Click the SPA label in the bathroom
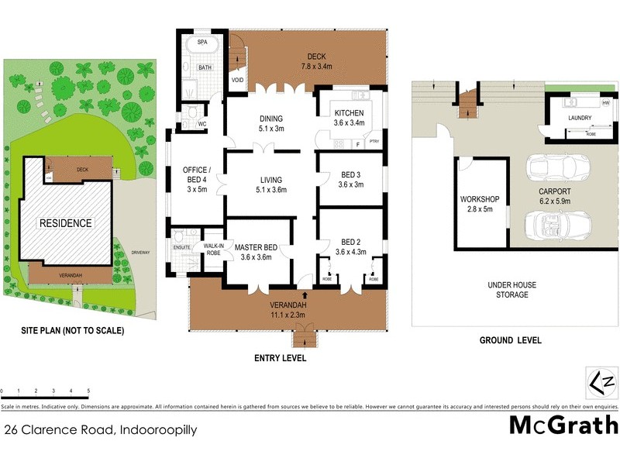pyautogui.click(x=202, y=42)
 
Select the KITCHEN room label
pyautogui.click(x=348, y=117)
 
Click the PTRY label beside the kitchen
pyautogui.click(x=375, y=142)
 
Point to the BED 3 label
pyautogui.click(x=350, y=180)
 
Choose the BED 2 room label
pyautogui.click(x=350, y=246)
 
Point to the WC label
pyautogui.click(x=201, y=123)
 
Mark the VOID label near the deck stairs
pyautogui.click(x=236, y=80)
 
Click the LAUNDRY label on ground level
pyautogui.click(x=580, y=119)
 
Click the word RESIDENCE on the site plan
pyautogui.click(x=66, y=223)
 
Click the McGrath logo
pyautogui.click(x=563, y=425)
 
